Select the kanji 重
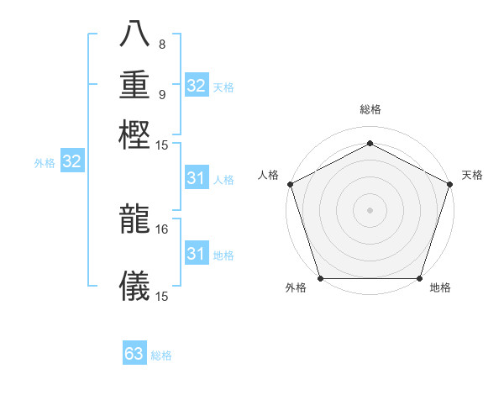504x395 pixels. click(x=134, y=85)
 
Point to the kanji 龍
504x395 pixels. click(x=134, y=219)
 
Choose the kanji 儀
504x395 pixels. click(x=134, y=286)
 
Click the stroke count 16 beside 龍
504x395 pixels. click(x=162, y=229)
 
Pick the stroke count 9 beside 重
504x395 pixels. click(x=162, y=93)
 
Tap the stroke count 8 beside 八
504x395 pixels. click(x=162, y=45)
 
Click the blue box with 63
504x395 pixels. click(x=134, y=354)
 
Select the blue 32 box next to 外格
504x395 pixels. click(x=71, y=162)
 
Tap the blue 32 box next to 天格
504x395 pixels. click(x=196, y=86)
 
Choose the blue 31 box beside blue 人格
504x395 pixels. click(x=196, y=178)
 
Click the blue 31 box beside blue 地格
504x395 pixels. click(x=196, y=254)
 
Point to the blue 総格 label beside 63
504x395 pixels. click(x=161, y=355)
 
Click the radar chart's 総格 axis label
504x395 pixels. click(x=370, y=109)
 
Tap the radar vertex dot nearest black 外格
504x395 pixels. click(x=320, y=278)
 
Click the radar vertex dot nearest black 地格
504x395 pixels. click(x=419, y=278)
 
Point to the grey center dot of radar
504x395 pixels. click(x=370, y=210)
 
